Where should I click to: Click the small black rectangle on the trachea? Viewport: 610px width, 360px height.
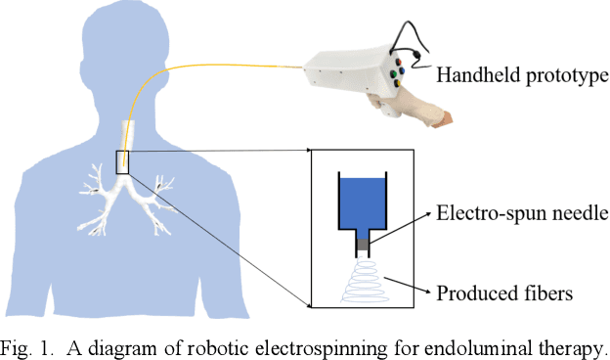122,162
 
